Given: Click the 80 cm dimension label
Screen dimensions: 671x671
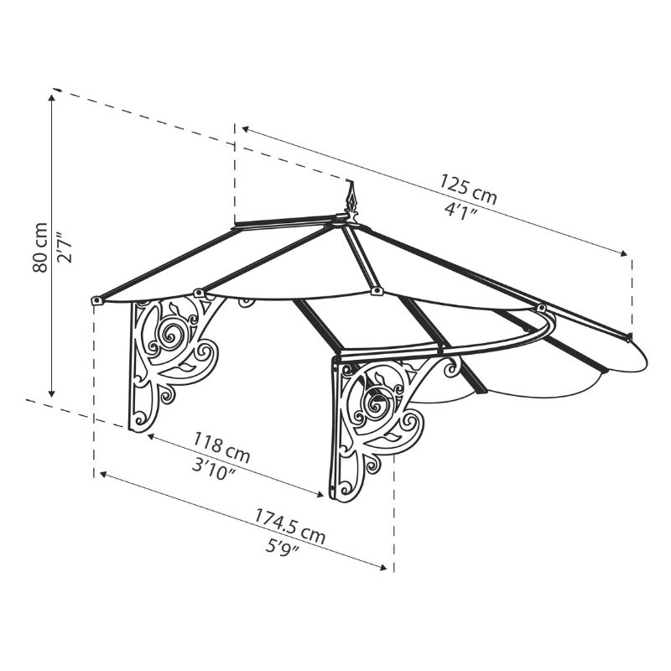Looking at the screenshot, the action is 39,247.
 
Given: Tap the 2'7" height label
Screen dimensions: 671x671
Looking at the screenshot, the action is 65,247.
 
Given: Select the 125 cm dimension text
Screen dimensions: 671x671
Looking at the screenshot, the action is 469,190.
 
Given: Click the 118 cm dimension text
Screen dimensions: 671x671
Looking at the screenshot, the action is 222,448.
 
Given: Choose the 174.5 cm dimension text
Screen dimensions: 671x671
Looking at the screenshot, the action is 290,527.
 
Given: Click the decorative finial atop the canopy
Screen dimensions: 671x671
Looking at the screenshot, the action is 351,202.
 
